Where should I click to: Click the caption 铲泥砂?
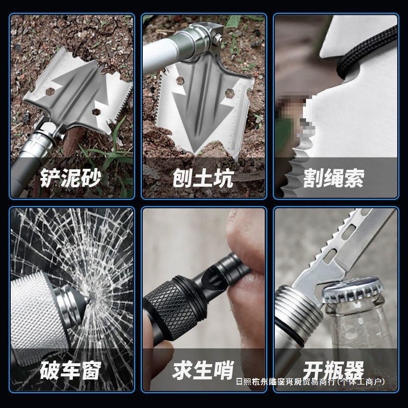click(x=71, y=178)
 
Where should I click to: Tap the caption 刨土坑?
click(x=202, y=178)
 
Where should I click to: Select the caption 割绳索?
click(x=334, y=178)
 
